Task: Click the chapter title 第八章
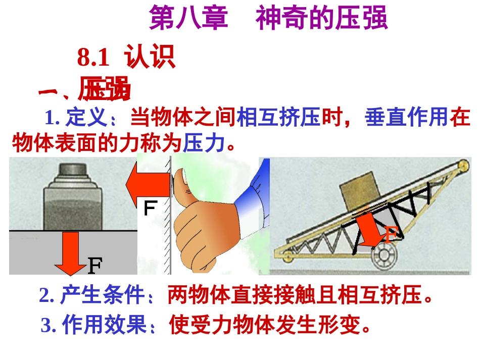pos(188,19)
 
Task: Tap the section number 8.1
pos(93,58)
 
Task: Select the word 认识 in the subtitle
pos(150,57)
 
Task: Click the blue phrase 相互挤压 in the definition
pos(278,119)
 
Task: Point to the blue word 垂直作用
pos(406,119)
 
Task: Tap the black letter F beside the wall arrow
pos(149,209)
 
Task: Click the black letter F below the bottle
pos(95,265)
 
